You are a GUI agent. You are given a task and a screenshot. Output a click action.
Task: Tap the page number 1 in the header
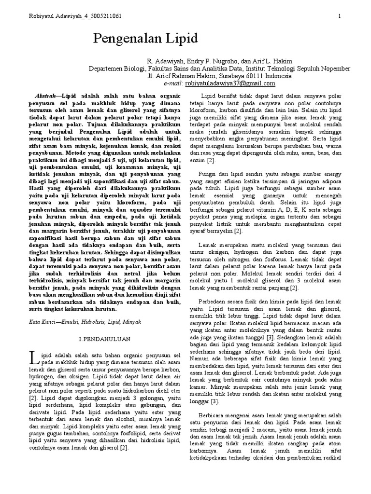pos(340,16)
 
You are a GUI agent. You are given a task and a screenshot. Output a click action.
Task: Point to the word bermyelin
pos(217,231)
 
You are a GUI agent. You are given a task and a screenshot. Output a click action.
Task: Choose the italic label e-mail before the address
pos(157,83)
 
